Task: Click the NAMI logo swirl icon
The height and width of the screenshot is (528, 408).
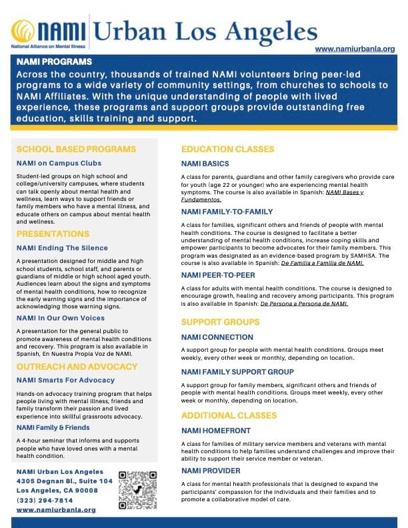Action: tap(23, 31)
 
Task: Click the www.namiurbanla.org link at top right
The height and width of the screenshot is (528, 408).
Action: tap(355, 49)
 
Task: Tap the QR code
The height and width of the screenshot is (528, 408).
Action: tap(137, 491)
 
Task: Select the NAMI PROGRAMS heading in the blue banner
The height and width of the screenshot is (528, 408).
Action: tap(55, 61)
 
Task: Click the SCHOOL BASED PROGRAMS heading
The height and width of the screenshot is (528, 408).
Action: tap(76, 149)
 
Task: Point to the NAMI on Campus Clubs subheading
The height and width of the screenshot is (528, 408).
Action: tap(59, 163)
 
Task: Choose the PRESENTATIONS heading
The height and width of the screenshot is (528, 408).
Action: tap(53, 234)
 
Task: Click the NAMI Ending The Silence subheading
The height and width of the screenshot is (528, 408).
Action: tap(62, 248)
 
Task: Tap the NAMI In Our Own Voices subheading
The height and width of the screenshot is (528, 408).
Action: tap(61, 318)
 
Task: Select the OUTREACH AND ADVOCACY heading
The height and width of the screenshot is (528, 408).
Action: tap(77, 366)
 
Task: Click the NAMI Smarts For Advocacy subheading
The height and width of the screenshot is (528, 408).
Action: tap(65, 380)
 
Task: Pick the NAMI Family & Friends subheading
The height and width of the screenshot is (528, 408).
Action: tap(53, 427)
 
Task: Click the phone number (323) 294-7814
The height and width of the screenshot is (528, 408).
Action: tap(45, 500)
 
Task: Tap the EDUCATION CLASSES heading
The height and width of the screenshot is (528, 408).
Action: tap(227, 149)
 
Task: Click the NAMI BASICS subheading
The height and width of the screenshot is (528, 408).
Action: tap(205, 164)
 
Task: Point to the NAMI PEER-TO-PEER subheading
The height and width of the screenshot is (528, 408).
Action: tap(218, 274)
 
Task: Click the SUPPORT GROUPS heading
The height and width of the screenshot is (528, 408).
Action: tap(221, 322)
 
